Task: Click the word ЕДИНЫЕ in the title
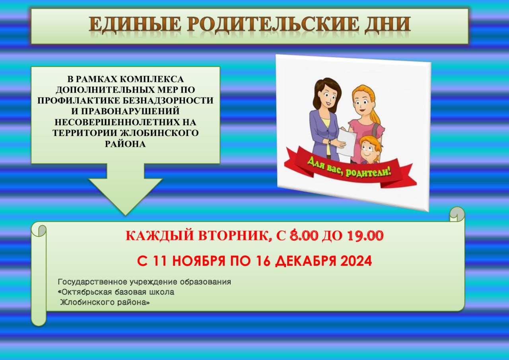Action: (x=135, y=24)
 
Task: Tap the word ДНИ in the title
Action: (x=387, y=24)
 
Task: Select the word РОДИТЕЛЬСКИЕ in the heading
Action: (x=273, y=24)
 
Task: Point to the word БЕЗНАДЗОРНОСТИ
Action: (x=166, y=101)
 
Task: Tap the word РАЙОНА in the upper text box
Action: (x=125, y=144)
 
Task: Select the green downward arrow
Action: (x=125, y=189)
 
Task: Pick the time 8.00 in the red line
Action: (x=303, y=235)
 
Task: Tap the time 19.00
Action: (x=365, y=235)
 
